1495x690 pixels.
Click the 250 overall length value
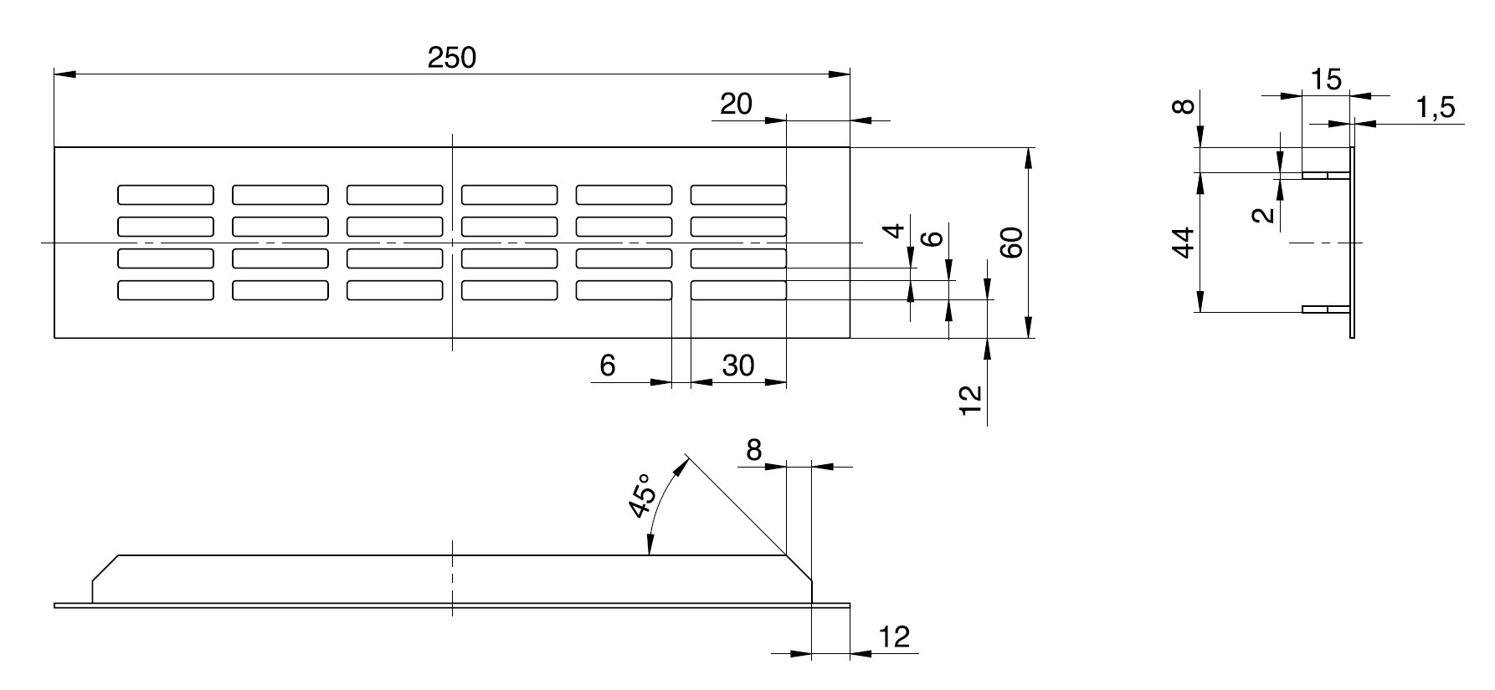click(451, 58)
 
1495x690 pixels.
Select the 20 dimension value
click(736, 105)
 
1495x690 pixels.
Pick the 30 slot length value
click(737, 365)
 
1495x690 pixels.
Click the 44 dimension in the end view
click(1182, 243)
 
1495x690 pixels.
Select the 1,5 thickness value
click(1436, 108)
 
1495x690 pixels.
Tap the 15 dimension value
click(1326, 80)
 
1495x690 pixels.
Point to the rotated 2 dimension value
click(1266, 215)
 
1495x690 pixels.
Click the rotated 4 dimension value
click(896, 230)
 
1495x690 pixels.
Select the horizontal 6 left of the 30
click(608, 365)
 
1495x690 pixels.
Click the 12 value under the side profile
click(894, 637)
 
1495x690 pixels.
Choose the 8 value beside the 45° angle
click(753, 451)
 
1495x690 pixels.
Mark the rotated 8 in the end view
click(1183, 108)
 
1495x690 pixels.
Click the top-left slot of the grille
click(166, 195)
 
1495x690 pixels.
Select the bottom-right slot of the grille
click(738, 290)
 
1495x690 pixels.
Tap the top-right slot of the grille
click(738, 195)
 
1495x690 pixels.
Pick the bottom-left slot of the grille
click(166, 290)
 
